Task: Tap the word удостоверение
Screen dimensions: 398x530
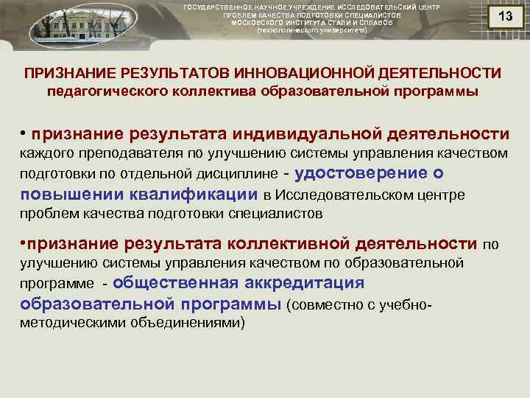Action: point(358,174)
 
